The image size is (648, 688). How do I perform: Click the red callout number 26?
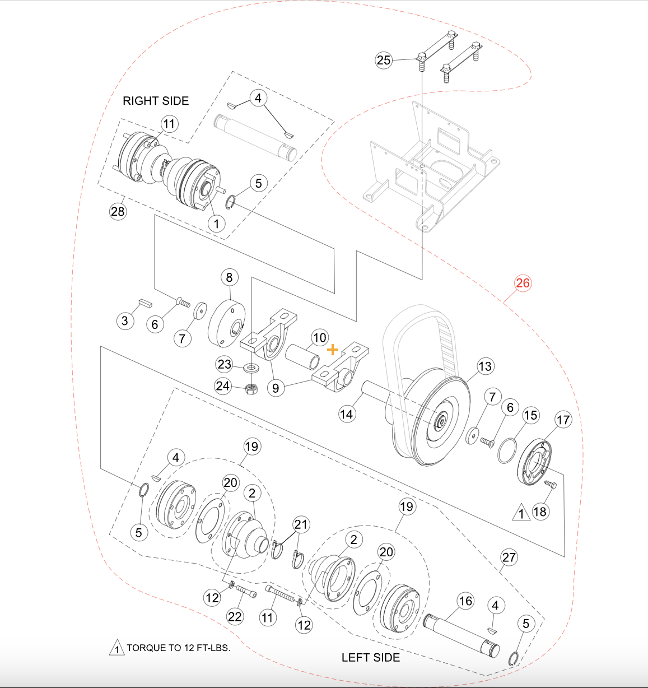pos(523,283)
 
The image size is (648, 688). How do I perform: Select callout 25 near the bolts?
pos(384,60)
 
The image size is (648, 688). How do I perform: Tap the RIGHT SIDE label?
pos(156,101)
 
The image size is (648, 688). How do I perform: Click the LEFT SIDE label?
pos(371,657)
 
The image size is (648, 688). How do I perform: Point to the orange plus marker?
pos(333,350)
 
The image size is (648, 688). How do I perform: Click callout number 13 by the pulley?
pos(485,366)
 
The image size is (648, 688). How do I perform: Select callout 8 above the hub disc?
pos(229,277)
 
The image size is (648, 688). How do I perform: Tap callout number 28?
pos(118,211)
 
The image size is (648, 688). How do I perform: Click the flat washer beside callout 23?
pos(251,368)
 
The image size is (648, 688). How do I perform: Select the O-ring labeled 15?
pos(507,450)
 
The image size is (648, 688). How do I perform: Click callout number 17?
pos(563,419)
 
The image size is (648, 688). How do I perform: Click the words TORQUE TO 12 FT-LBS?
pos(178,648)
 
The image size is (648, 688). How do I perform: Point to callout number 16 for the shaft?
pos(466,601)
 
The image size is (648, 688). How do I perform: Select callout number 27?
pos(509,557)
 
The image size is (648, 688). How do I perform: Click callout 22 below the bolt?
pos(235,617)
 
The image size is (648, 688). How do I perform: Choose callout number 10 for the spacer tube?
pos(319,338)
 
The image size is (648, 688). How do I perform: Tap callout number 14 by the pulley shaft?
pos(347,414)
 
